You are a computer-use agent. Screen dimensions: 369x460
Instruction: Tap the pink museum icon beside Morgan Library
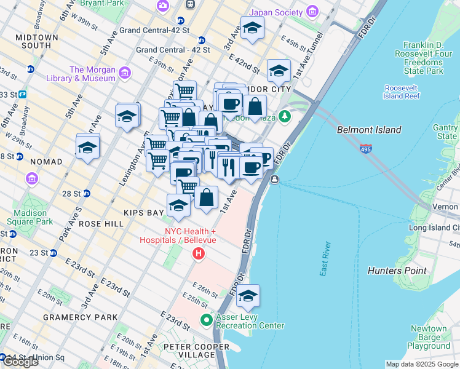[125, 74]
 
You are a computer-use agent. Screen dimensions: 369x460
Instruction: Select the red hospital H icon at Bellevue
[198, 253]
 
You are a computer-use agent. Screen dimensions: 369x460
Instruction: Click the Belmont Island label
[369, 130]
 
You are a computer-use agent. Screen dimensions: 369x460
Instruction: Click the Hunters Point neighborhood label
[397, 271]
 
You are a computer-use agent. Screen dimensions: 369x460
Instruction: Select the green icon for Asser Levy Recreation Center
[207, 320]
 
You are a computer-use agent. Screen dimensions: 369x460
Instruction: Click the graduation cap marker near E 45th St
[252, 28]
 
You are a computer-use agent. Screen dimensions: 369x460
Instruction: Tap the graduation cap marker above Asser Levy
[248, 296]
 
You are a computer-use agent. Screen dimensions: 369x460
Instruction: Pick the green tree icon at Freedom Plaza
[284, 116]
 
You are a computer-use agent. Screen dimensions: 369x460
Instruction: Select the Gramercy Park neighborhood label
[80, 317]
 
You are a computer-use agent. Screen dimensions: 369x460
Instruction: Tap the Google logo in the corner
[20, 362]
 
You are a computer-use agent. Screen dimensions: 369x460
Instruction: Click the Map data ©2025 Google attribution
[421, 364]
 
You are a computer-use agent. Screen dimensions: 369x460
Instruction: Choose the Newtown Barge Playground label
[428, 338]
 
